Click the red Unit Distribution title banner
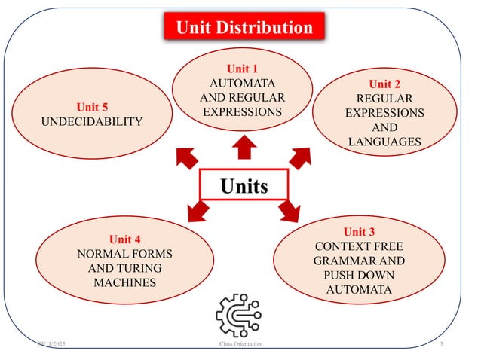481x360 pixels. click(244, 29)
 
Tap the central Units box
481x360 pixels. click(244, 185)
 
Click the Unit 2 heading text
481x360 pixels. click(384, 84)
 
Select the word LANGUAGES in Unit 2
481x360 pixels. click(384, 142)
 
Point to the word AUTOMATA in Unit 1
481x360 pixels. click(243, 83)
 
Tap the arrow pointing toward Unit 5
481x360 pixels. click(184, 156)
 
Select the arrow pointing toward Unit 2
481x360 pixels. click(301, 155)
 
